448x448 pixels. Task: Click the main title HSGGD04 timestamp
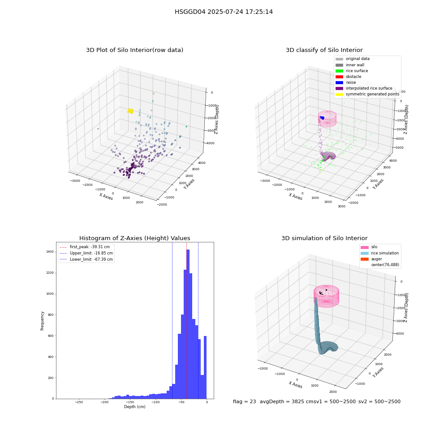(x=224, y=12)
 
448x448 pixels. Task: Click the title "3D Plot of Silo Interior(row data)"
(x=134, y=50)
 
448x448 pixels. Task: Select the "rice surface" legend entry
(x=352, y=71)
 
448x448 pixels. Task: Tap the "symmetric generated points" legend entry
(x=367, y=94)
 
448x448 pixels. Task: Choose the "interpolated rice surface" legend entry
(x=364, y=88)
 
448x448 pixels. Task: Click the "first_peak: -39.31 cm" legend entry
(x=85, y=247)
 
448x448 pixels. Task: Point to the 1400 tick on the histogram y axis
(x=50, y=252)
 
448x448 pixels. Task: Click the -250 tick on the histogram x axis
(x=79, y=402)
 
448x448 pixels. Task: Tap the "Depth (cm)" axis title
(x=135, y=407)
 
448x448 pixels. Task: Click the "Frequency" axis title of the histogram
(x=42, y=321)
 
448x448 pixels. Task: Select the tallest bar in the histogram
(x=188, y=324)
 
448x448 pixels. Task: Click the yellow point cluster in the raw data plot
(x=130, y=111)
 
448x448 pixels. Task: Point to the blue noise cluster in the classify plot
(x=322, y=118)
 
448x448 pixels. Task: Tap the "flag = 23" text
(x=245, y=402)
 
